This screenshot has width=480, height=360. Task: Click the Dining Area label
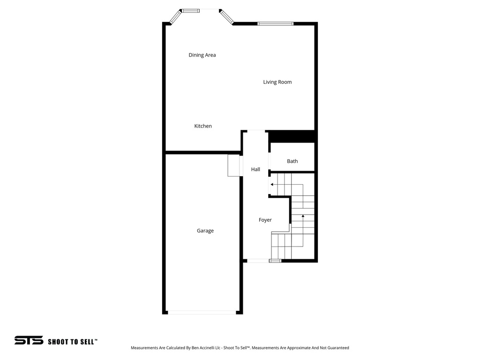pyautogui.click(x=202, y=55)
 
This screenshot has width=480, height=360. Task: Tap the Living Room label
pyautogui.click(x=277, y=82)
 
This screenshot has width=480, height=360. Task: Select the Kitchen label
pyautogui.click(x=203, y=126)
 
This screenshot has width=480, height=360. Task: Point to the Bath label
pyautogui.click(x=292, y=161)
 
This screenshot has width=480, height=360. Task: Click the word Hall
pyautogui.click(x=255, y=169)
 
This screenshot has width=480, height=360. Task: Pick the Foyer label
pyautogui.click(x=265, y=220)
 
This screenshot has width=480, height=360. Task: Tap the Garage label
pyautogui.click(x=205, y=231)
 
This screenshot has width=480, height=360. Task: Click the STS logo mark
pyautogui.click(x=29, y=341)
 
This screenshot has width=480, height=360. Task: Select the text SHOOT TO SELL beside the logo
pyautogui.click(x=73, y=342)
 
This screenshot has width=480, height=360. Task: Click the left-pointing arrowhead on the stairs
pyautogui.click(x=272, y=185)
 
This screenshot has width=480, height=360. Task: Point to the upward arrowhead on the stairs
pyautogui.click(x=303, y=216)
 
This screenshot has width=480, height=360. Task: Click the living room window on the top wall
pyautogui.click(x=275, y=23)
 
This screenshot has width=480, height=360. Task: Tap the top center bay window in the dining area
pyautogui.click(x=190, y=10)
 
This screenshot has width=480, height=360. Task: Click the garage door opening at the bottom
pyautogui.click(x=202, y=312)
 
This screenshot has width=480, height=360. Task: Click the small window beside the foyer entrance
pyautogui.click(x=275, y=260)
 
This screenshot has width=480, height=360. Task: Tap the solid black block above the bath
pyautogui.click(x=291, y=136)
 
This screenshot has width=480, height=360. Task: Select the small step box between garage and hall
pyautogui.click(x=233, y=165)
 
